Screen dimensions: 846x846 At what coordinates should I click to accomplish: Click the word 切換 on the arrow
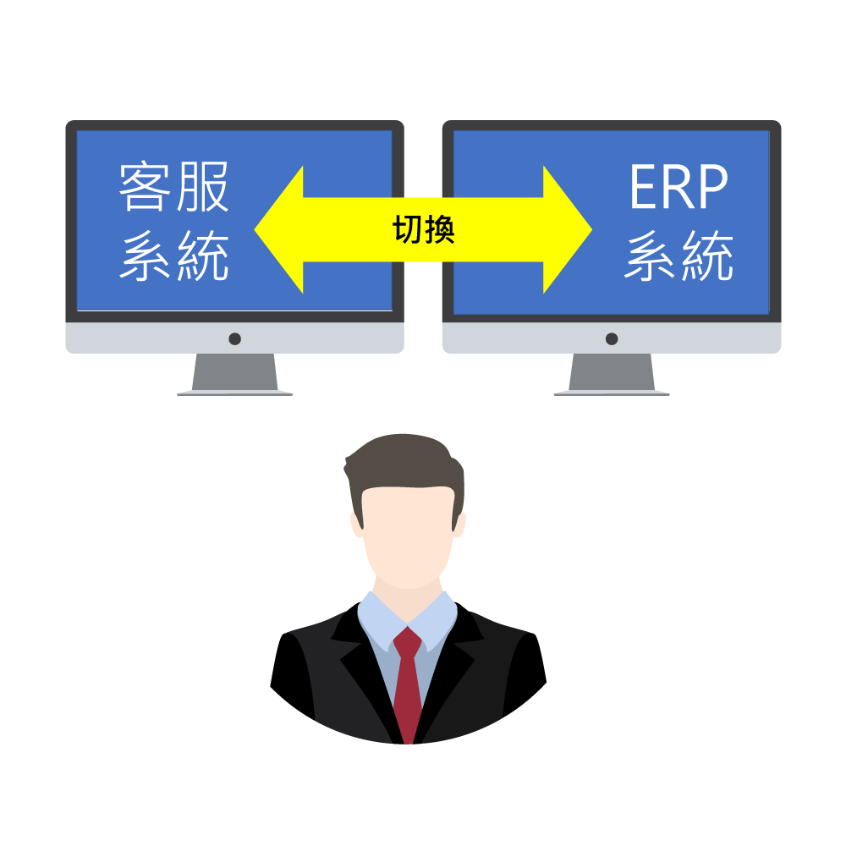click(424, 229)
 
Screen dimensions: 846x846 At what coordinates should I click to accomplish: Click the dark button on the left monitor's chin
click(234, 338)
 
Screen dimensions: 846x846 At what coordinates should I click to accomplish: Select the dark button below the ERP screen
click(612, 338)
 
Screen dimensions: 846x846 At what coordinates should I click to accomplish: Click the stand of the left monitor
click(234, 374)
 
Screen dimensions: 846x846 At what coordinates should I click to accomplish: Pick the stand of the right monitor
click(612, 374)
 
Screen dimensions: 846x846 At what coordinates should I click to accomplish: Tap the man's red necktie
click(408, 685)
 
